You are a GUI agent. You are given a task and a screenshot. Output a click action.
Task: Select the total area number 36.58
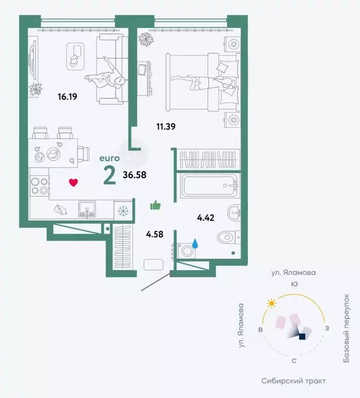(134, 175)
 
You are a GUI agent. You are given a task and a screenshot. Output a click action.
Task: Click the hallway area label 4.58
(155, 234)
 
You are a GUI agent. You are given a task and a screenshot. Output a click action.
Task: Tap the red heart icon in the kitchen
(74, 182)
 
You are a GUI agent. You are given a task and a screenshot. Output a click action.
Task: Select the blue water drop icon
(195, 243)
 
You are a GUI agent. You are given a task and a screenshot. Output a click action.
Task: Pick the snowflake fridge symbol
(122, 211)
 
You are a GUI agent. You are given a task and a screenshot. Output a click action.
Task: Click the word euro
(109, 158)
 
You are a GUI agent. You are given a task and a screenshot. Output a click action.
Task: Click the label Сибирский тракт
(295, 381)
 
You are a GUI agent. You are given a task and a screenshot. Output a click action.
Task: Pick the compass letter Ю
(294, 283)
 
